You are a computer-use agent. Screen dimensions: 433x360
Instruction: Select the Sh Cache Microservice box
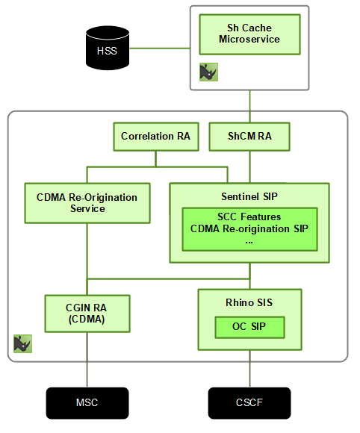coord(249,34)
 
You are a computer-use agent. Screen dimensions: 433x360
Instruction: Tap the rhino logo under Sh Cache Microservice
coord(208,72)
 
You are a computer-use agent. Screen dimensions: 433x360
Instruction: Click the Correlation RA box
coord(155,137)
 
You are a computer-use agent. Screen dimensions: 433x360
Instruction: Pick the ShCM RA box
coord(249,137)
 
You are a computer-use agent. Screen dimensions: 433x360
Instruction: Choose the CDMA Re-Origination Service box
coord(87,204)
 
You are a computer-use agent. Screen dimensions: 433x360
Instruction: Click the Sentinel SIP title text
coord(249,196)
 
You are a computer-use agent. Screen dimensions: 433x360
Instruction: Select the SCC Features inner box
coord(249,228)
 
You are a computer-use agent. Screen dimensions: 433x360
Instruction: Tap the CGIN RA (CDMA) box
coord(87,313)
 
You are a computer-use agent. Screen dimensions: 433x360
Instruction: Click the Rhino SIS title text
coord(249,302)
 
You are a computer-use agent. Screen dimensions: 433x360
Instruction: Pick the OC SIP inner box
coord(249,327)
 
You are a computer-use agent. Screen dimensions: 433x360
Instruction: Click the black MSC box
coord(87,403)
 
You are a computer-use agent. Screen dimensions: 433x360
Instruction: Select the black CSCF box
coord(249,403)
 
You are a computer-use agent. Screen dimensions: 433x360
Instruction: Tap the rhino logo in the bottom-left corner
coord(23,343)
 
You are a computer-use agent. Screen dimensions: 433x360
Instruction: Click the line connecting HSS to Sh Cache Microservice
coord(162,49)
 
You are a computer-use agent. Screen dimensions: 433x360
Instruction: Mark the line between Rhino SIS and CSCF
coord(249,370)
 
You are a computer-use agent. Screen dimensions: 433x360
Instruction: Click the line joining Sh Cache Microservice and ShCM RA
coord(249,105)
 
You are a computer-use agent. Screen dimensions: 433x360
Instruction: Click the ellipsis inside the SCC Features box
coord(249,241)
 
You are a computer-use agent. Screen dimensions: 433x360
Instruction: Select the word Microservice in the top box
coord(249,40)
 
